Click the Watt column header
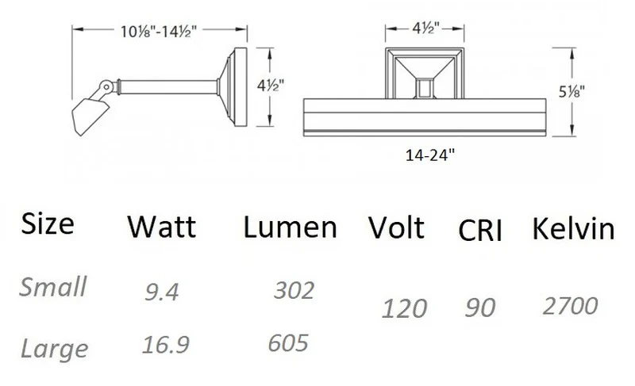162,227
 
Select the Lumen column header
290,227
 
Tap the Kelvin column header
573,228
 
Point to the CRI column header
480,231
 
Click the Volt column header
396,227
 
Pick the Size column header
48,224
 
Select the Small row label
52,287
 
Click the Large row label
54,349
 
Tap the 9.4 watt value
162,292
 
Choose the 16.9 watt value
166,344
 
